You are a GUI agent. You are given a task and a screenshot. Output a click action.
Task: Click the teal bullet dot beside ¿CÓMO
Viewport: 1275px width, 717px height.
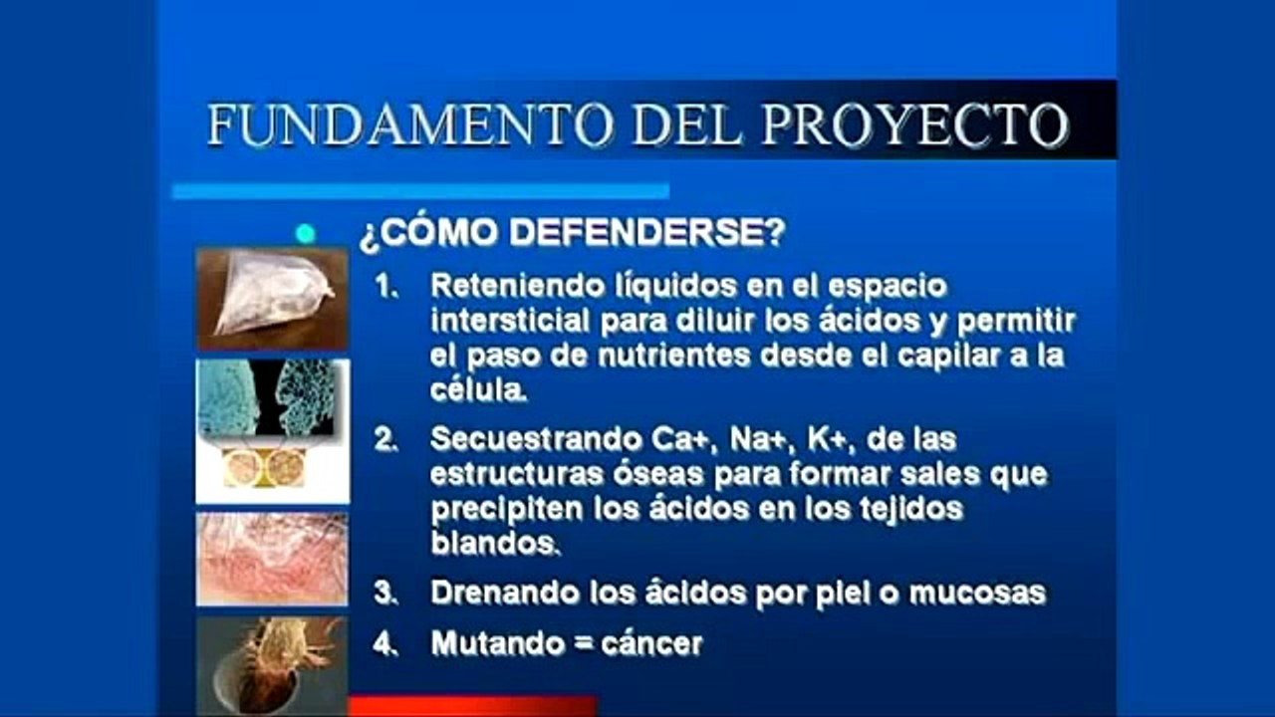pyautogui.click(x=306, y=234)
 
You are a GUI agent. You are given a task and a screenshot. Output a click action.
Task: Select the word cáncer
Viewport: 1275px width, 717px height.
pyautogui.click(x=651, y=644)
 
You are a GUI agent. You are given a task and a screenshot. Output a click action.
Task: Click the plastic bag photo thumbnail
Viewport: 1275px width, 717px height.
pyautogui.click(x=271, y=298)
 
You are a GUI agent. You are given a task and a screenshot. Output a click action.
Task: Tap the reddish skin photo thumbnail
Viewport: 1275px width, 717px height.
pyautogui.click(x=271, y=559)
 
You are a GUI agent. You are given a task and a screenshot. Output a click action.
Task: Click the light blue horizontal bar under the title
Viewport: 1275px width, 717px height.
pyautogui.click(x=420, y=191)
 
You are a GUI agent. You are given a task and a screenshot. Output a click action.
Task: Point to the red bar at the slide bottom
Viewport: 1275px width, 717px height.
pyautogui.click(x=472, y=706)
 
